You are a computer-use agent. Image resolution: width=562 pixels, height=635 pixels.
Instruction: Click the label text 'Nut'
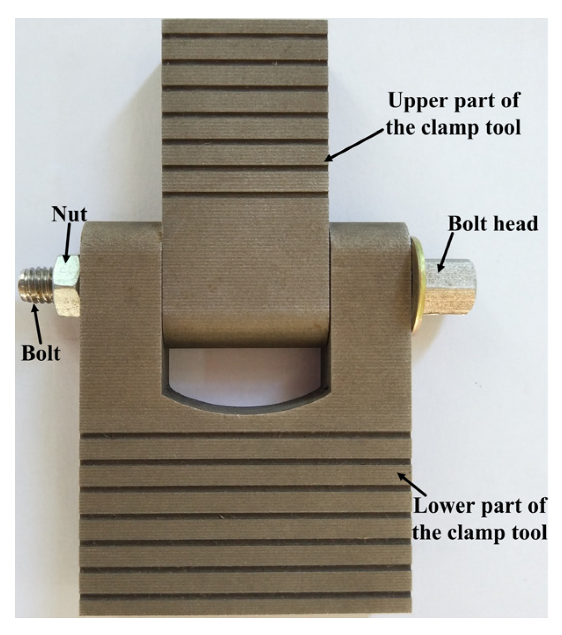click(69, 215)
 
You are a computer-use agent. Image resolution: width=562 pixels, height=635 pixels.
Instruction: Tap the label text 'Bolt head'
click(493, 224)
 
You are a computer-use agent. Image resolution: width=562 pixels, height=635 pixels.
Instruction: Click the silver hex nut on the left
click(66, 285)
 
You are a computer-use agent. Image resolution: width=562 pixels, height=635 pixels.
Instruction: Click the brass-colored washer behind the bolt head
click(417, 286)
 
